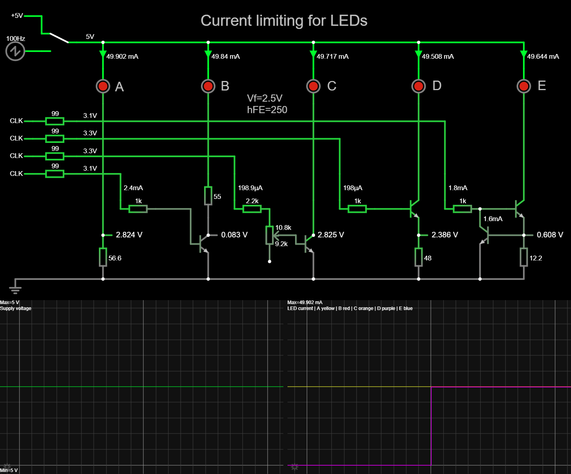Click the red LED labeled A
[103, 86]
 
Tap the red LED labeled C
[313, 86]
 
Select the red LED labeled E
[524, 86]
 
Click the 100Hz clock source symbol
[15, 51]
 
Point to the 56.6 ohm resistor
[103, 257]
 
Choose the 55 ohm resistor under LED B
[208, 196]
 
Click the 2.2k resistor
[252, 208]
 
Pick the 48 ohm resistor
[419, 257]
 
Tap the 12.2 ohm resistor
[524, 257]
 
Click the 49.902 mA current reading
[122, 56]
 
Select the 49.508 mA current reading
[438, 56]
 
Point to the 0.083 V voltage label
[234, 235]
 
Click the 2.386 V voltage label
[445, 235]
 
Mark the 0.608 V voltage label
[550, 235]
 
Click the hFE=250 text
[267, 110]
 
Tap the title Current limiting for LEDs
[284, 21]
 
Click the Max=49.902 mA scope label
[305, 303]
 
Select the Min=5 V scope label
[9, 470]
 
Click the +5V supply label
[17, 15]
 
